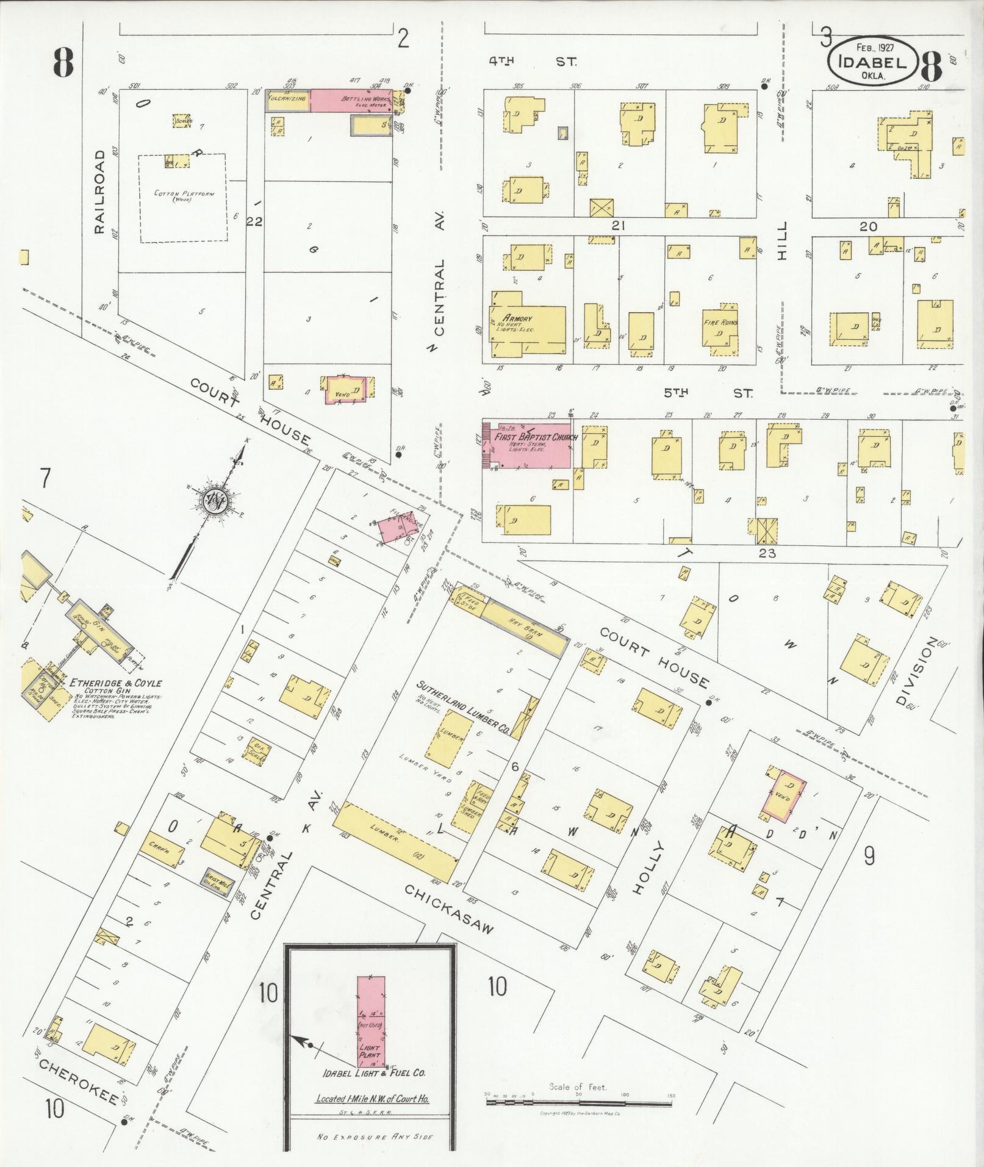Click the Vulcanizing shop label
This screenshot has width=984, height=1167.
click(287, 98)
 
